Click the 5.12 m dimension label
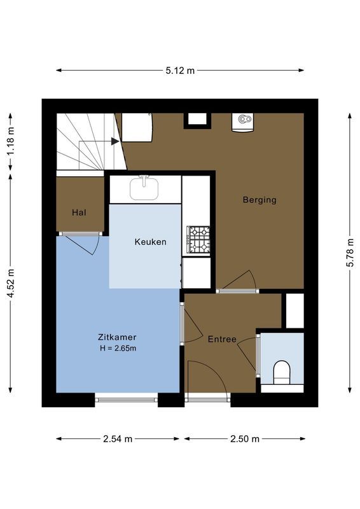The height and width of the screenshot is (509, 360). [x=180, y=71]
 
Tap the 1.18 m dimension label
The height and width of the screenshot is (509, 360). [x=11, y=142]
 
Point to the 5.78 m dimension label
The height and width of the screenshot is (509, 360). [x=349, y=253]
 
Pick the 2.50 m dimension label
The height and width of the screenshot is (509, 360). [x=245, y=439]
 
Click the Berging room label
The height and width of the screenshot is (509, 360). [x=260, y=200]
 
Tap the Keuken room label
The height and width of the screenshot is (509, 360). [x=150, y=242]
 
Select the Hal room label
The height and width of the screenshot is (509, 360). [x=79, y=212]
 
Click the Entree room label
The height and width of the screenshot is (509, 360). [x=222, y=339]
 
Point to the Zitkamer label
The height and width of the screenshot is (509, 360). [x=117, y=337]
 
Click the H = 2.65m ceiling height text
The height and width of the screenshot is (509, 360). [x=118, y=348]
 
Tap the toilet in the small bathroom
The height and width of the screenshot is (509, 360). [x=280, y=372]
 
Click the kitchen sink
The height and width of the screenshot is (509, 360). [x=145, y=188]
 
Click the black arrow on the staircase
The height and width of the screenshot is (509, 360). [x=114, y=141]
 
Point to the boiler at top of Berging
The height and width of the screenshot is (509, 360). [x=243, y=121]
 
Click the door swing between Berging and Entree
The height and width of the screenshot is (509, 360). [x=240, y=281]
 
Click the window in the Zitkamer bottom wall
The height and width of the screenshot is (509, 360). [x=126, y=398]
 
